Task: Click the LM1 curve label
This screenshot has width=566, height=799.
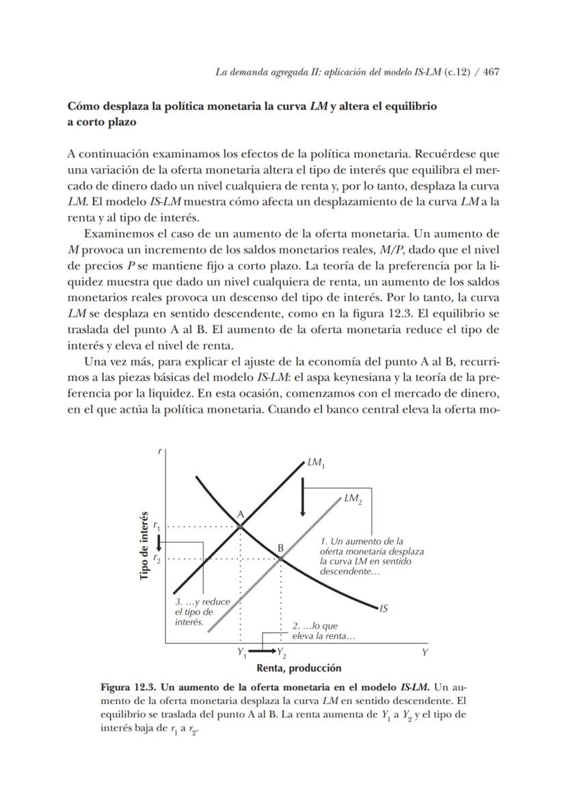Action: (x=316, y=464)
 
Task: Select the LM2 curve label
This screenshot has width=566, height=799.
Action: (x=353, y=499)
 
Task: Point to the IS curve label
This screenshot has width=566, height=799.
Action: (x=384, y=607)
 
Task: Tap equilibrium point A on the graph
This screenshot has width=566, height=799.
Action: (x=241, y=525)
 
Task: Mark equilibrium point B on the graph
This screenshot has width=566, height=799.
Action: (x=281, y=558)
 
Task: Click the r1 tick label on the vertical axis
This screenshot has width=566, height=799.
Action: (x=157, y=526)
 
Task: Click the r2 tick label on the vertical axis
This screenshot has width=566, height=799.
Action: (x=157, y=559)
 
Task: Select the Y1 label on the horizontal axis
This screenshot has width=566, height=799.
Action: (x=241, y=653)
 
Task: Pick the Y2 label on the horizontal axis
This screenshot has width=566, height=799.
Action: (x=282, y=653)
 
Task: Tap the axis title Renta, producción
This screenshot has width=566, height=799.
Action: (x=299, y=668)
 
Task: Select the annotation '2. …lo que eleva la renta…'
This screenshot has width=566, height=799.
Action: (x=323, y=631)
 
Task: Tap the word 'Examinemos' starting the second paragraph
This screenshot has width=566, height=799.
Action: (x=116, y=234)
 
